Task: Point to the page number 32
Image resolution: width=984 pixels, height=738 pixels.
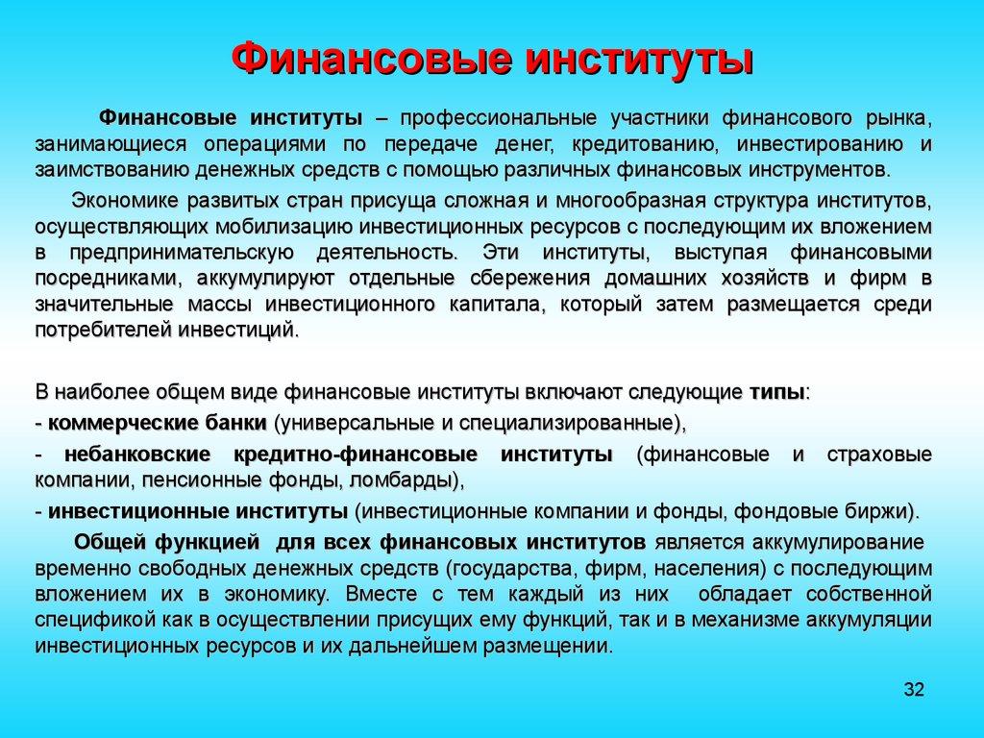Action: pyautogui.click(x=913, y=690)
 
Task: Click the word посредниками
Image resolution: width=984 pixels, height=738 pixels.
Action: pyautogui.click(x=111, y=279)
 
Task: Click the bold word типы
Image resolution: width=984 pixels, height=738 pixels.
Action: pyautogui.click(x=776, y=393)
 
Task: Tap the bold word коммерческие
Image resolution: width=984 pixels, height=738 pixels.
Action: pyautogui.click(x=111, y=423)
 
